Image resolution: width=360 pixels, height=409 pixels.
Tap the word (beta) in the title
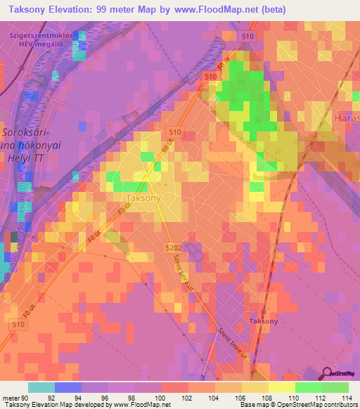click(x=269, y=10)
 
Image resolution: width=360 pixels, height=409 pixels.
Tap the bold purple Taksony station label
click(x=264, y=321)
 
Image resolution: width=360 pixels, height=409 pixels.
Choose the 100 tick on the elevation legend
click(x=162, y=398)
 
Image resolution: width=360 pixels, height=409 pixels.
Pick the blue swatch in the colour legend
click(x=67, y=387)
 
